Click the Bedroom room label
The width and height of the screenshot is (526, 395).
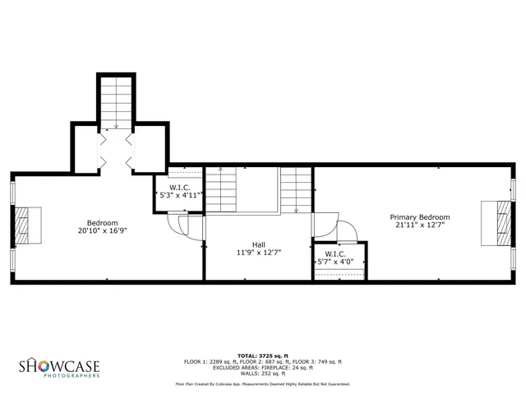coord(103,222)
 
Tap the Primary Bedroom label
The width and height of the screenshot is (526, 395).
coord(422,217)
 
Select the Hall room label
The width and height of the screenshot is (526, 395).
coord(258,244)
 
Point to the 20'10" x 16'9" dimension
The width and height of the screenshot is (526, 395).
coord(103,231)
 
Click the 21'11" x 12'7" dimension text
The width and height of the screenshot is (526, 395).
coord(422,225)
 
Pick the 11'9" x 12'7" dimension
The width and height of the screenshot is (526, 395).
coord(258,253)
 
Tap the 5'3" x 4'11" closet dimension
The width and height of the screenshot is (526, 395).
coord(180,196)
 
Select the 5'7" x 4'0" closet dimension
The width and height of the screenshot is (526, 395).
coord(339,263)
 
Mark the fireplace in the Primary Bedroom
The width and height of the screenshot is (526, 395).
coord(500,223)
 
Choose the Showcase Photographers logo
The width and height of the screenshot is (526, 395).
coord(59,367)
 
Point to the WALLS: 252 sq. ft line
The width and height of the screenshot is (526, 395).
coord(262,373)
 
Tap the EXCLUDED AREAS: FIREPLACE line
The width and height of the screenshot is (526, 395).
coord(262,367)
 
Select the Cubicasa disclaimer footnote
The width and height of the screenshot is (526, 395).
coord(262,384)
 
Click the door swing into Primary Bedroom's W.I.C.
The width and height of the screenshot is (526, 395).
coord(345,232)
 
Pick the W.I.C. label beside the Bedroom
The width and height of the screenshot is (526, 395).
coord(180,188)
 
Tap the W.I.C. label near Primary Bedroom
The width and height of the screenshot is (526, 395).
coord(334,253)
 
